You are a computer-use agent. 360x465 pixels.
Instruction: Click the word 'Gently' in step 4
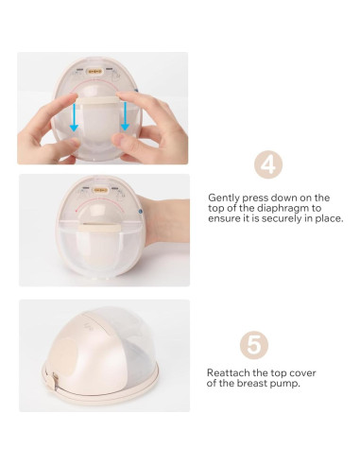224,198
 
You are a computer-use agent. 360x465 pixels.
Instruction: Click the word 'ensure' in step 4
224,218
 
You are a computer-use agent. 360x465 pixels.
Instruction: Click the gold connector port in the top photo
94,69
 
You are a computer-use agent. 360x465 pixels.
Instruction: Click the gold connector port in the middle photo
96,188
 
